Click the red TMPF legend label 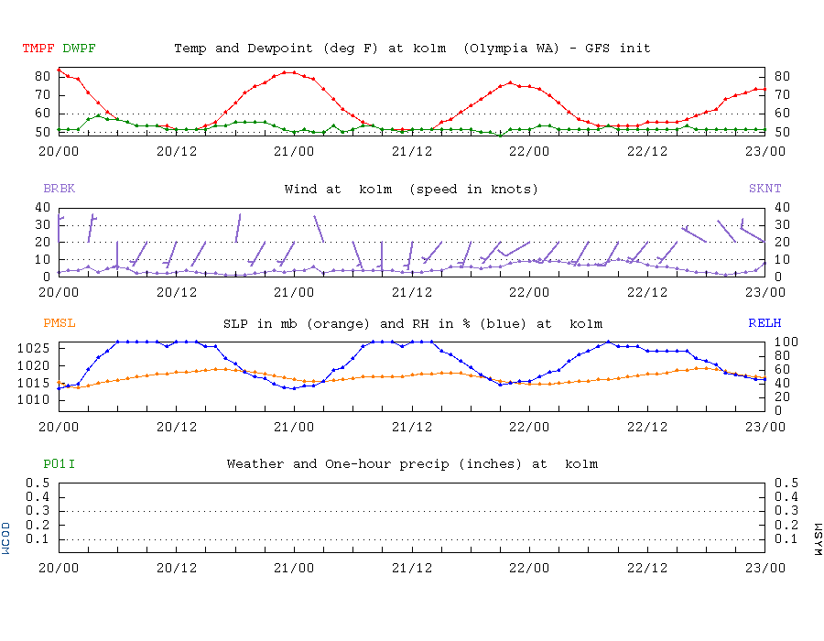[39, 48]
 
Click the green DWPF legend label [80, 48]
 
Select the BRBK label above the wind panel [60, 189]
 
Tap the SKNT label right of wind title [765, 189]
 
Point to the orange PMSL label [60, 323]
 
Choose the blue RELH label [765, 323]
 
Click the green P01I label [60, 464]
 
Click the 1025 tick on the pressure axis [40, 348]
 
